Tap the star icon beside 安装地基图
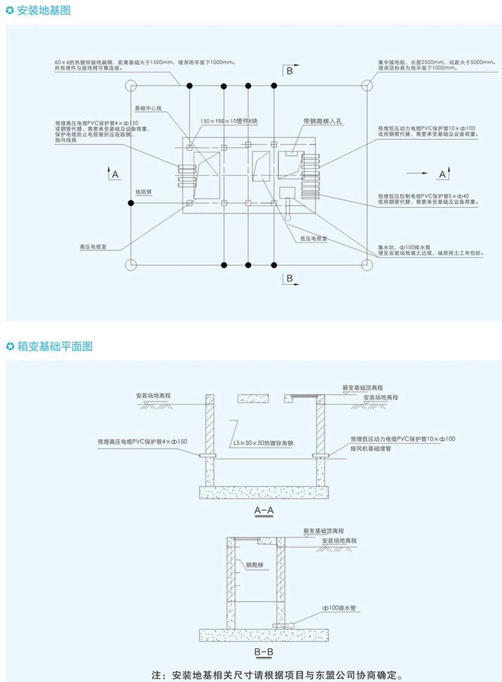click(x=10, y=10)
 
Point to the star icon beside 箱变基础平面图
click(x=10, y=346)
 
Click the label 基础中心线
click(x=148, y=107)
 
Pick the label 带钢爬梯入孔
click(x=323, y=122)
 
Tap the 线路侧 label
click(x=143, y=191)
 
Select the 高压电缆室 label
click(x=94, y=247)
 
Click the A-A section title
click(x=264, y=511)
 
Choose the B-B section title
click(x=264, y=651)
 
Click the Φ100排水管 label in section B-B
click(x=340, y=606)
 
